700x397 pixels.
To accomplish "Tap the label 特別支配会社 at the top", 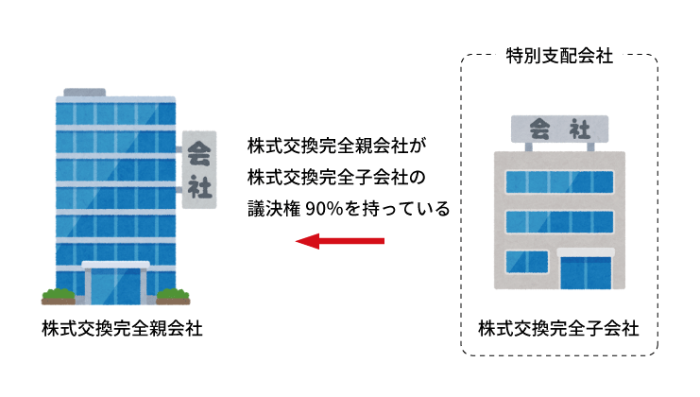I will [x=558, y=57].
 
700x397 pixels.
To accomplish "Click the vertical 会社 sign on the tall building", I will [x=199, y=168].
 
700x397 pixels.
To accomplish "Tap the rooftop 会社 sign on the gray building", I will [x=560, y=128].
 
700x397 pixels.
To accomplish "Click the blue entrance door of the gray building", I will [x=586, y=272].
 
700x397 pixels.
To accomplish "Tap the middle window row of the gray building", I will [x=556, y=221].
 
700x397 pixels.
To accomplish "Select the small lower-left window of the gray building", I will [x=527, y=262].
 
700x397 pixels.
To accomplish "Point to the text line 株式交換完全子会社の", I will [x=337, y=177].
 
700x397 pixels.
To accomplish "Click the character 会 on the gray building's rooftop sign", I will [x=539, y=128].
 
